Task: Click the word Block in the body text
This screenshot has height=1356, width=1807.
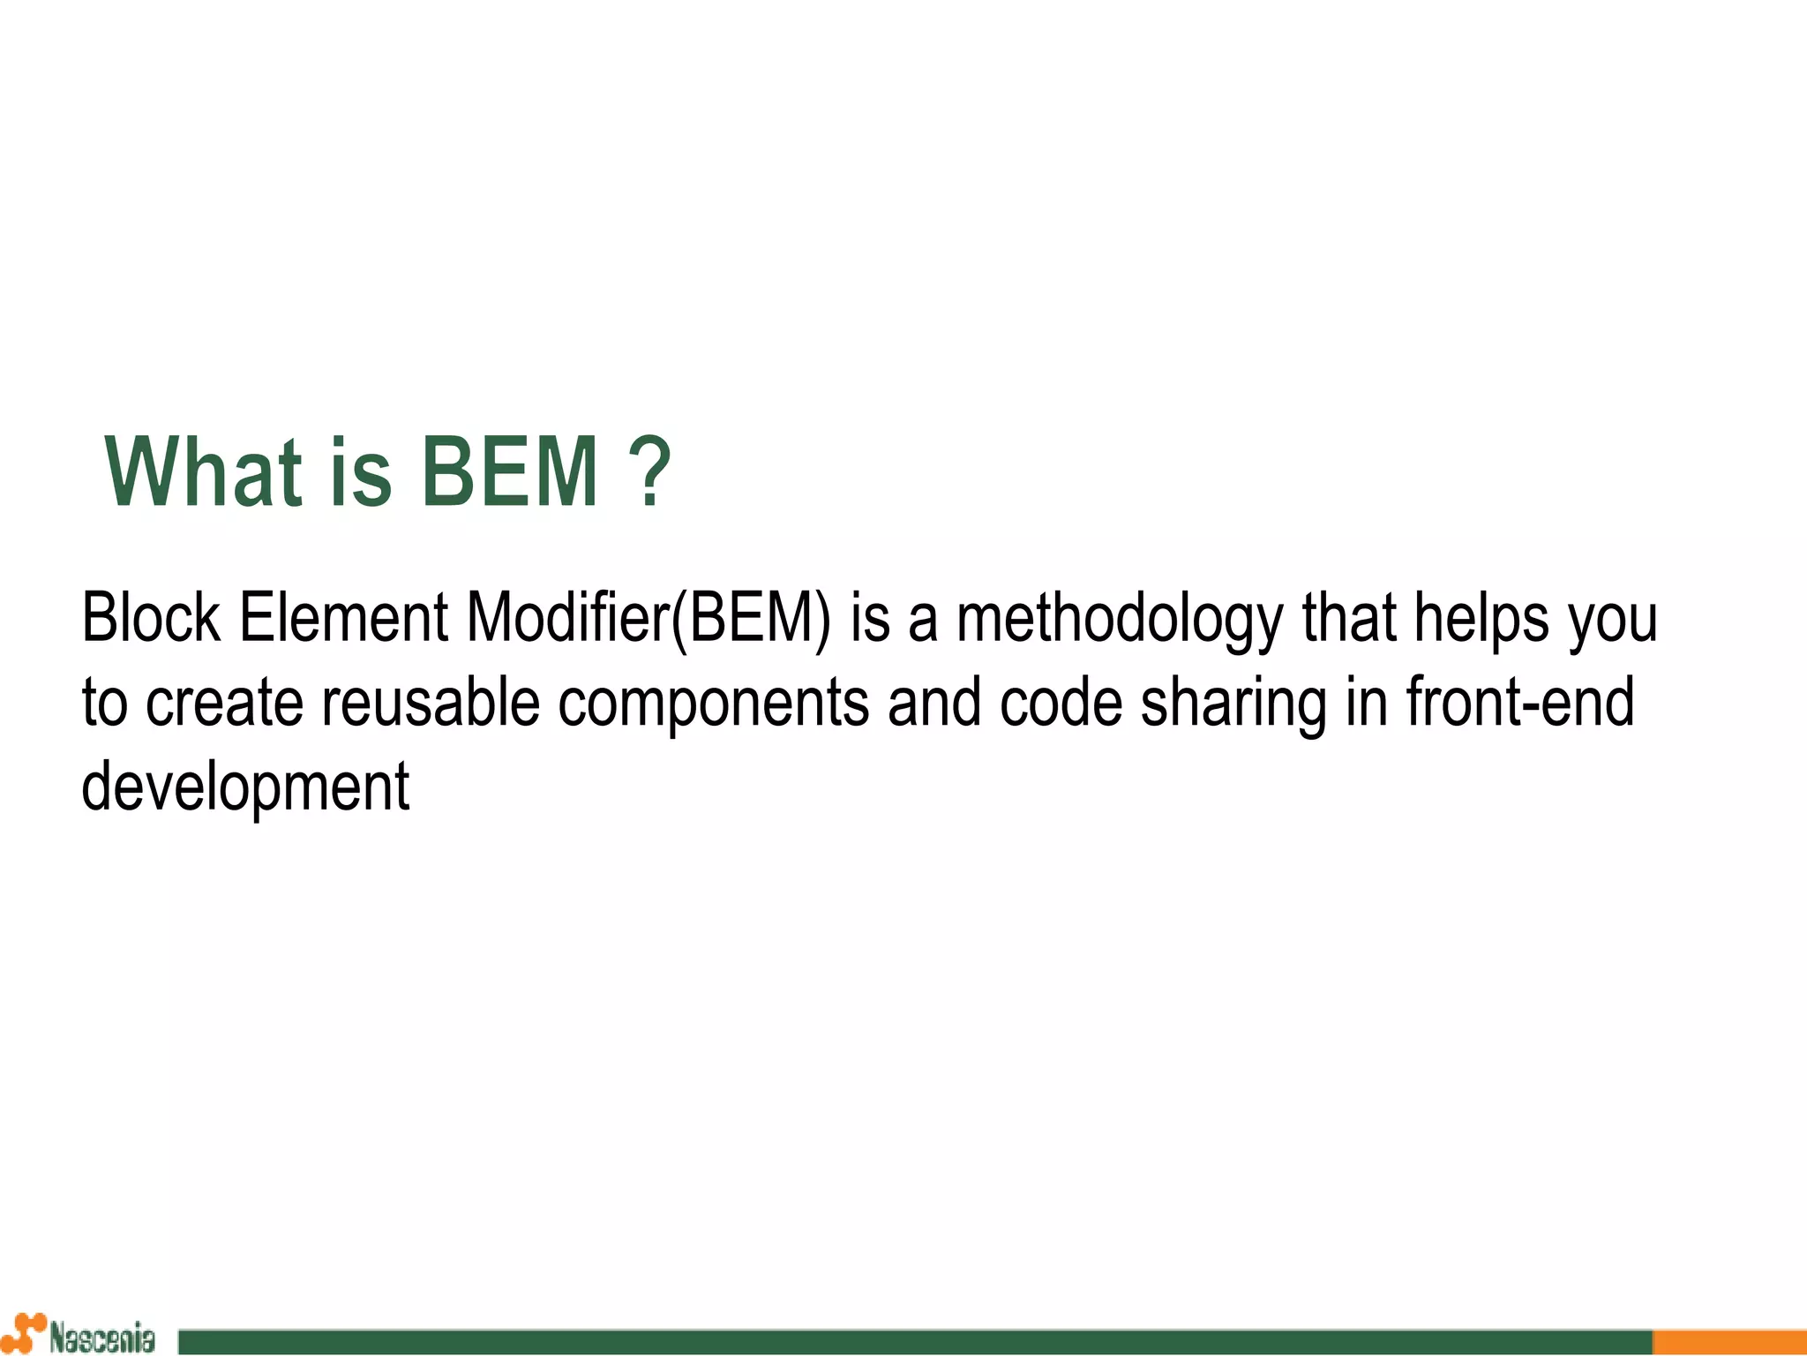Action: pyautogui.click(x=150, y=617)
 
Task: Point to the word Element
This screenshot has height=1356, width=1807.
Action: pyautogui.click(x=343, y=617)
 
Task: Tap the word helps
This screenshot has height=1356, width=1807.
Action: pyautogui.click(x=1481, y=619)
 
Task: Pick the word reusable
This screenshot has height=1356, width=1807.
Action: pyautogui.click(x=430, y=703)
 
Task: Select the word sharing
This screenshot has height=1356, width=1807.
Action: pyautogui.click(x=1233, y=704)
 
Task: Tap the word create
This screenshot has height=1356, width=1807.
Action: pyautogui.click(x=224, y=703)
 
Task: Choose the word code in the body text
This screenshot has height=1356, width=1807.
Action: pyautogui.click(x=1061, y=703)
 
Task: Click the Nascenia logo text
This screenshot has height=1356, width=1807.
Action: pyautogui.click(x=101, y=1337)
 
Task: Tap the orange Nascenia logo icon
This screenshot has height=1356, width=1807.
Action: pyautogui.click(x=25, y=1333)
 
